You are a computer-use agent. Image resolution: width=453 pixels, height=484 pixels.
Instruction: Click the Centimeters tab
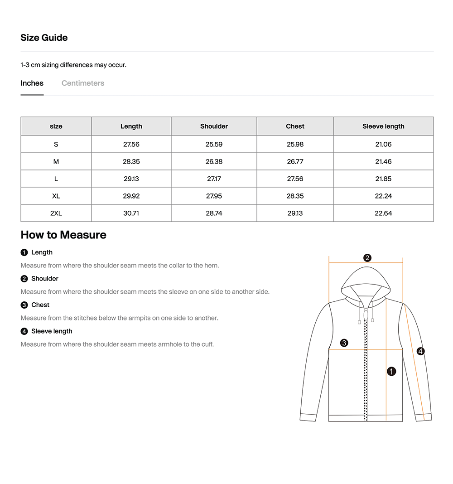point(83,83)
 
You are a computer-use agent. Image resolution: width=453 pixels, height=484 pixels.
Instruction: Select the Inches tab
point(32,83)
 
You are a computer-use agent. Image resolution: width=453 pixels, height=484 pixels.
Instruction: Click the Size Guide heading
point(44,38)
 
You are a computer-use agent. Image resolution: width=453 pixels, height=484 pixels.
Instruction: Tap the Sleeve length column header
point(383,126)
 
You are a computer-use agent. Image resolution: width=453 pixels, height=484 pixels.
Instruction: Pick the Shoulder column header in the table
point(214,126)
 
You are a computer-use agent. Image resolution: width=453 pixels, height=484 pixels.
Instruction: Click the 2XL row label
point(56,213)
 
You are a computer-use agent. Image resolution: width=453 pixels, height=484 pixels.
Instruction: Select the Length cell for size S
point(131,145)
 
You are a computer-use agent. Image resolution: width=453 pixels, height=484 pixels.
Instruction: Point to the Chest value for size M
point(295,162)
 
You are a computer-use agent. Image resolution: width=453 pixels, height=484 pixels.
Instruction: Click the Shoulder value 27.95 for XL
point(214,196)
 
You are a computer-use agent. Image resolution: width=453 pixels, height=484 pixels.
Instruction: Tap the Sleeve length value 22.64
point(383,213)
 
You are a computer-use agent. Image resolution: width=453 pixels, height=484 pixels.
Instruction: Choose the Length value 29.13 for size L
point(131,179)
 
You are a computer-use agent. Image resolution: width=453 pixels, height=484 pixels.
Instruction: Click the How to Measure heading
point(63,235)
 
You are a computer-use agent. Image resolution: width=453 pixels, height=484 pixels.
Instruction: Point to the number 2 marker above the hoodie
point(367,258)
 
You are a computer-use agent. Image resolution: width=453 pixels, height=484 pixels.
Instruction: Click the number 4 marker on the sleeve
point(420,351)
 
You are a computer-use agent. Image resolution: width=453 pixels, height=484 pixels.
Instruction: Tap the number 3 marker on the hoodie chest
point(344,343)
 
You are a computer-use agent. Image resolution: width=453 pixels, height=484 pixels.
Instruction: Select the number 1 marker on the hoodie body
point(391,372)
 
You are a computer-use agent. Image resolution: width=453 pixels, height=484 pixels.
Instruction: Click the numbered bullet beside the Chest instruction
point(24,305)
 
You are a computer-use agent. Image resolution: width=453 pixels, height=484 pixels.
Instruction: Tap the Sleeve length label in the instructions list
point(52,331)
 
